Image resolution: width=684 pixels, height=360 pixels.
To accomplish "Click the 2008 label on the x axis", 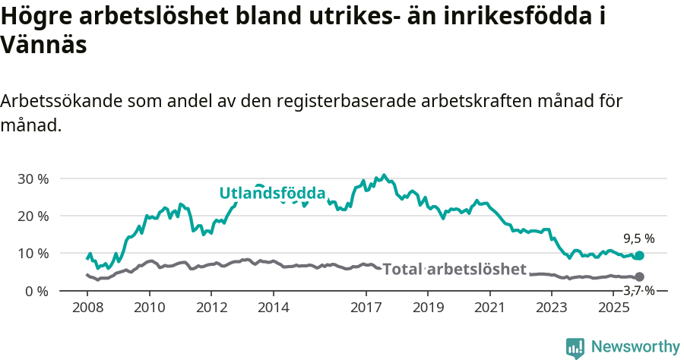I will pos(87,308).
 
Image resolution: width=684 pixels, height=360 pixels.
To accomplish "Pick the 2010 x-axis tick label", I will pos(149,308).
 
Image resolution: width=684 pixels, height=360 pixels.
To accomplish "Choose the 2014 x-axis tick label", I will pos(273,308).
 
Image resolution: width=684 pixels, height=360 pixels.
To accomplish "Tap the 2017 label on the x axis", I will pos(366,308).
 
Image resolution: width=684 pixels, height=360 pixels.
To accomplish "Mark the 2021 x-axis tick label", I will pos(489,308).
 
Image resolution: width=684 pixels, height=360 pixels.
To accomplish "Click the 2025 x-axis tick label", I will pos(613,308).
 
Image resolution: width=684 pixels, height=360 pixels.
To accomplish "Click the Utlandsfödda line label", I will pos(273,193).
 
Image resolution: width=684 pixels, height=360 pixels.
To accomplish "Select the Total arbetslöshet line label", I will pos(454,269).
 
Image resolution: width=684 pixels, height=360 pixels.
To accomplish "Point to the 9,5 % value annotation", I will pos(638,238).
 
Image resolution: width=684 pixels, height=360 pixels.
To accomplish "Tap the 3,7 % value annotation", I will pos(638,290).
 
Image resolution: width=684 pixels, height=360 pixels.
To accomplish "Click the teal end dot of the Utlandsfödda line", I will pos(639,256).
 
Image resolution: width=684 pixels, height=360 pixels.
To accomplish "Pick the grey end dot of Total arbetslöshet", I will pos(639,277).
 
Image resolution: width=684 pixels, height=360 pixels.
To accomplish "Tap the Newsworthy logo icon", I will pos(575,348).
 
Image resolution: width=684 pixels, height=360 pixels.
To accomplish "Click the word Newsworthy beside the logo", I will pos(635,347).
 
